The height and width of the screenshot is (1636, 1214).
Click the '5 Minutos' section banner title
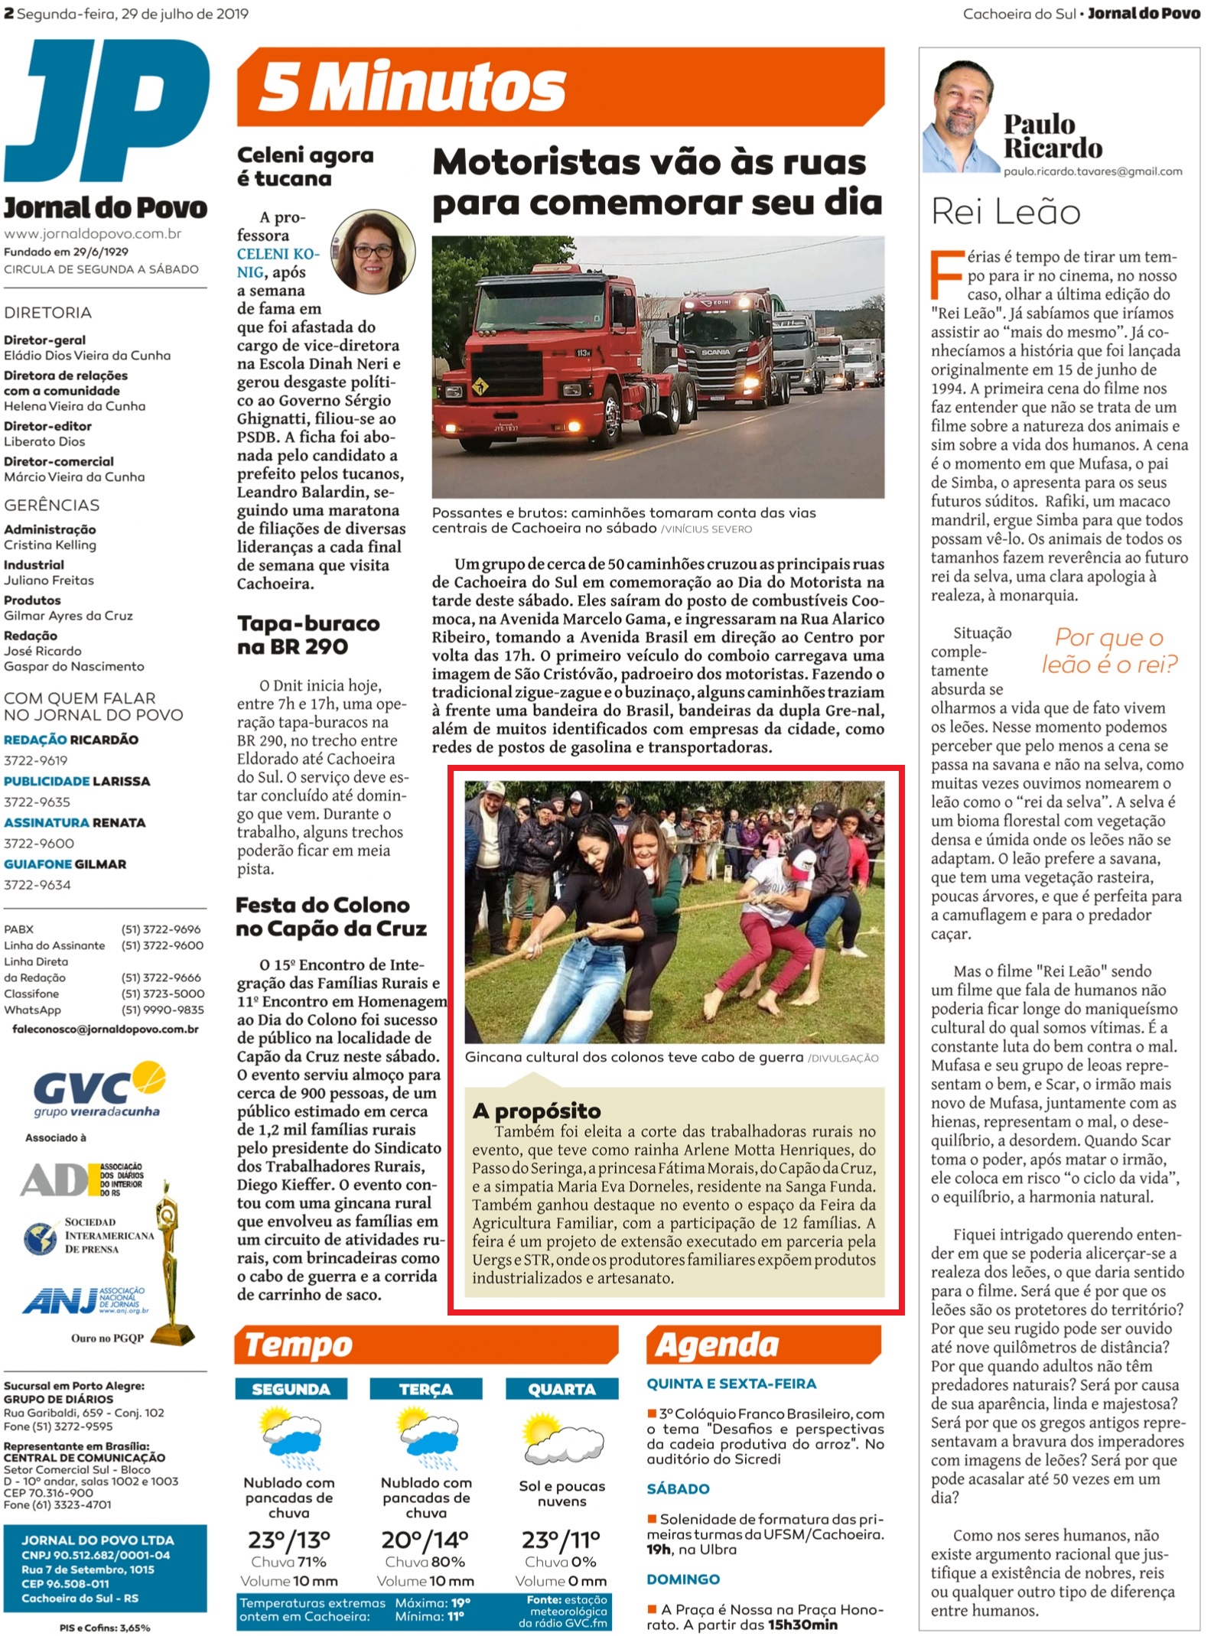coord(412,86)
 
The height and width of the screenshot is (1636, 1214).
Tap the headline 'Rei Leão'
coord(1005,212)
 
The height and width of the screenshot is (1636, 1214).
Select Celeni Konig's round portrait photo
coord(374,252)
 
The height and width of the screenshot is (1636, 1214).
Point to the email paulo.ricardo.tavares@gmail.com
coord(1092,172)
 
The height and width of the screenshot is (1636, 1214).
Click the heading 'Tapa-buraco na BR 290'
coord(308,635)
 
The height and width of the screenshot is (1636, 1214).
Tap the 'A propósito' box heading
coord(536,1110)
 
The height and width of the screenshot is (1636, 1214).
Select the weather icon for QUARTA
coord(561,1439)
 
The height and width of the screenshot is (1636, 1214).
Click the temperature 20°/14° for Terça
coord(425,1539)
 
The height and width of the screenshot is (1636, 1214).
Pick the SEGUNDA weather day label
coord(291,1389)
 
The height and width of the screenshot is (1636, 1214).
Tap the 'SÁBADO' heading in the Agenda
coord(678,1488)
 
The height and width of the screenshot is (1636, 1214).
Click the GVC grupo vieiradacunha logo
coord(99,1090)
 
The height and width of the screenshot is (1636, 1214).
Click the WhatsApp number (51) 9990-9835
coord(162,1010)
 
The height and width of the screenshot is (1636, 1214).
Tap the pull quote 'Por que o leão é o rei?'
coord(1108,651)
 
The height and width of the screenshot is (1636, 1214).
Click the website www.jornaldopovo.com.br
coord(93,234)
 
